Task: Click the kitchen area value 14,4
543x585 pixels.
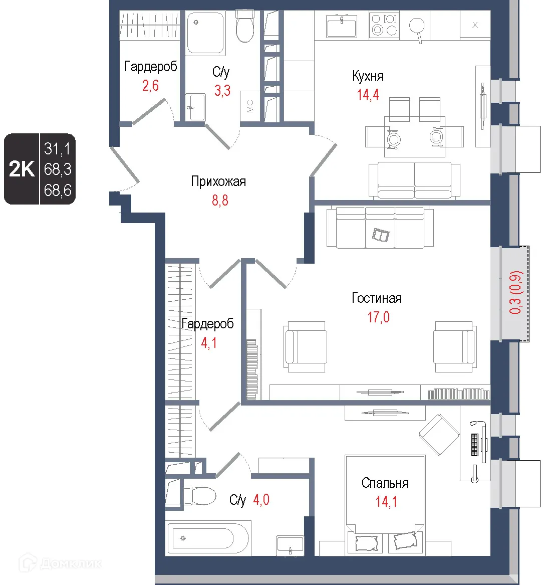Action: coord(368,95)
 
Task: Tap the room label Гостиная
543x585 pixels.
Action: coord(377,298)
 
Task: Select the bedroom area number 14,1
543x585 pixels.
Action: coord(386,501)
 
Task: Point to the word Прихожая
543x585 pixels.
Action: coord(218,181)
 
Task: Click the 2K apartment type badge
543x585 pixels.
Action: coord(22,169)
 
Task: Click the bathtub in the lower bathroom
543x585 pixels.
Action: coord(208,538)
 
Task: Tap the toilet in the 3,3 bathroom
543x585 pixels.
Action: coord(244,26)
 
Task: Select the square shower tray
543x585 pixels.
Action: coord(205,33)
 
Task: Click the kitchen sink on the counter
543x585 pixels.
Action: coord(341,26)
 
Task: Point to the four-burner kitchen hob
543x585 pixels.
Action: coord(384,25)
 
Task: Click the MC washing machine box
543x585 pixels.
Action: coord(250,106)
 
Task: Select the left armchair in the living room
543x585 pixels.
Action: coord(306,346)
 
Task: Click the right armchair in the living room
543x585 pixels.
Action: coord(455,346)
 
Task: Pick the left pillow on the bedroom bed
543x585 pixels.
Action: coord(366,543)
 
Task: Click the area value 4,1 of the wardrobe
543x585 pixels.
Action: coord(209,342)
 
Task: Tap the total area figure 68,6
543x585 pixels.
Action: coord(58,190)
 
